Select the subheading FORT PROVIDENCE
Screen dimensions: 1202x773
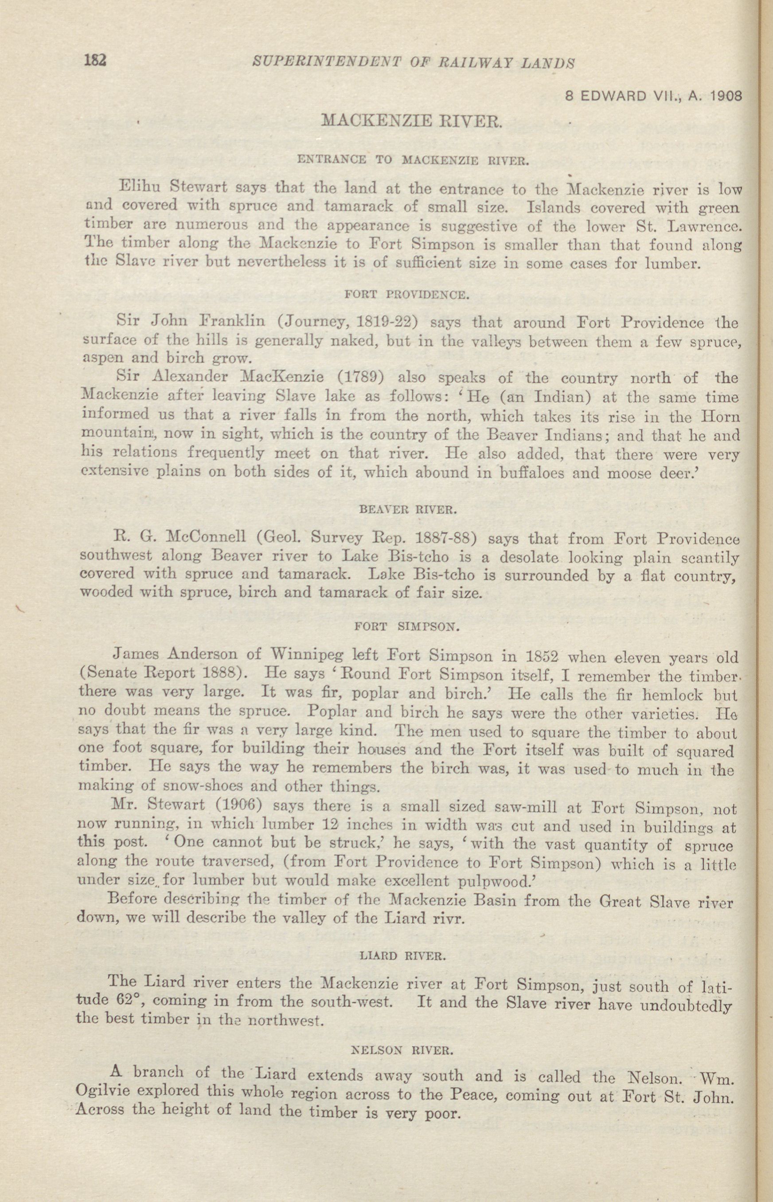pyautogui.click(x=407, y=295)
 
